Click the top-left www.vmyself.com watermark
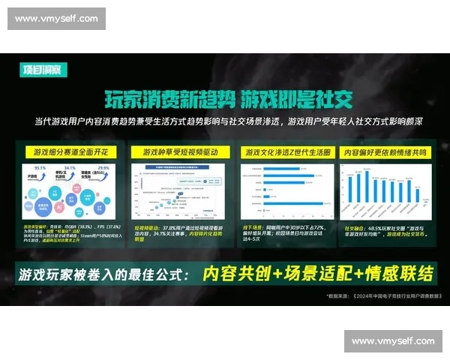tap(56, 18)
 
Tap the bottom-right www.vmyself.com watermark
tap(393, 341)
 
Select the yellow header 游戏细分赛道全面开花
tap(66, 151)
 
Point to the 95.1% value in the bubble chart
tap(40, 168)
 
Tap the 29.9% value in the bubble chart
tap(103, 168)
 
